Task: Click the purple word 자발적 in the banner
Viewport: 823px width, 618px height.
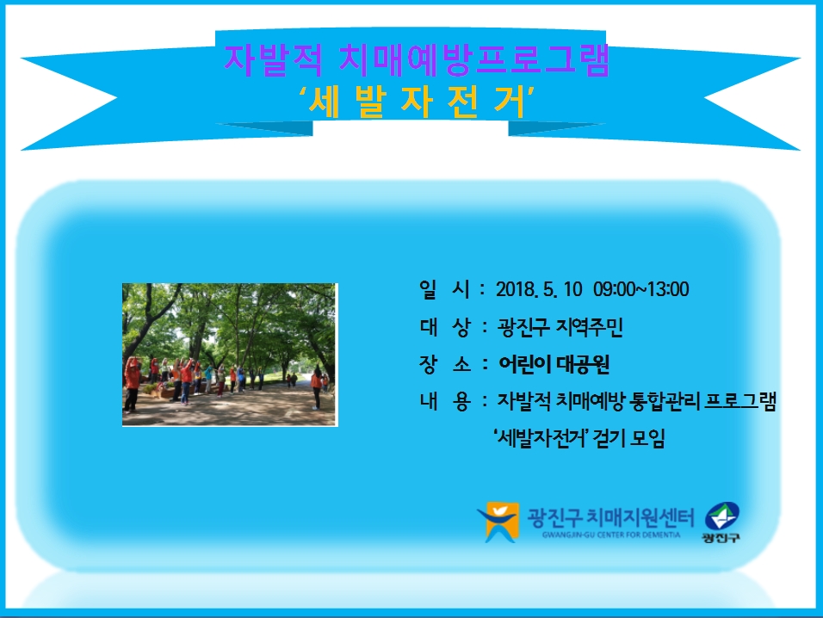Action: point(273,60)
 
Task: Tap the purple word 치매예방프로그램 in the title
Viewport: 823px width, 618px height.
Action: point(474,60)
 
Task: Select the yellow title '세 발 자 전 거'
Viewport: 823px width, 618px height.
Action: point(417,102)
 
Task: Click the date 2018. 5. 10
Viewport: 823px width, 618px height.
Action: point(539,289)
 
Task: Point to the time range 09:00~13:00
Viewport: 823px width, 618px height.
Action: point(640,289)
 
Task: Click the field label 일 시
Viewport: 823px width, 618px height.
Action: point(444,289)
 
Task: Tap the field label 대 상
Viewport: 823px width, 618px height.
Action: point(444,327)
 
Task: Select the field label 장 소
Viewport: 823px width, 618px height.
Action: point(444,364)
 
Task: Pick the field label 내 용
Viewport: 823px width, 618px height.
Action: point(444,401)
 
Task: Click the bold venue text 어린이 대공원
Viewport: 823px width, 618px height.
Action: point(554,364)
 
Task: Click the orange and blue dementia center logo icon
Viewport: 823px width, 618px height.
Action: point(498,522)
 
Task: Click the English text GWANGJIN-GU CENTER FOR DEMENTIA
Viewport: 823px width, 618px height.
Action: point(611,535)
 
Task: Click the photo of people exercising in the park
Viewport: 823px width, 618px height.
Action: point(230,355)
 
